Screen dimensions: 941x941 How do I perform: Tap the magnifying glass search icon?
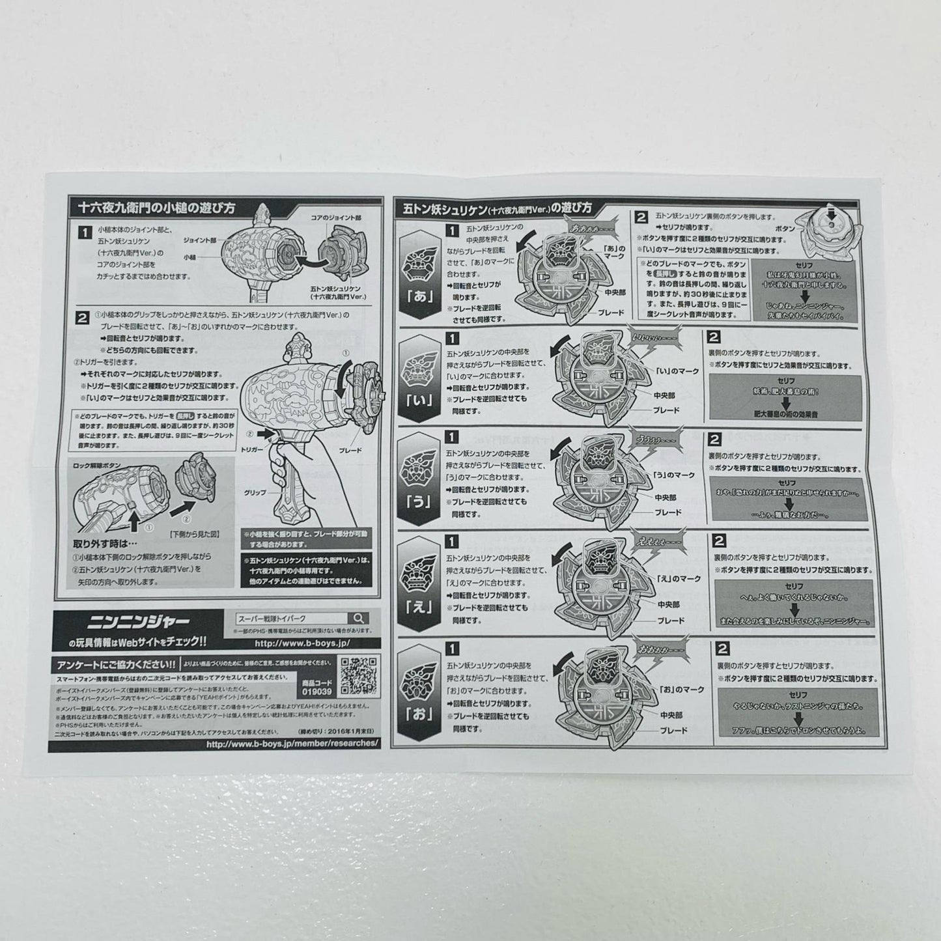[x=358, y=619]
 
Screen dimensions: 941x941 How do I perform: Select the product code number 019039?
[x=317, y=691]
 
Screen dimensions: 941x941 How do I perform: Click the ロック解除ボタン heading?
[x=104, y=466]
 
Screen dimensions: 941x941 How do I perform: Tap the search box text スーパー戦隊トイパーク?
[x=273, y=619]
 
